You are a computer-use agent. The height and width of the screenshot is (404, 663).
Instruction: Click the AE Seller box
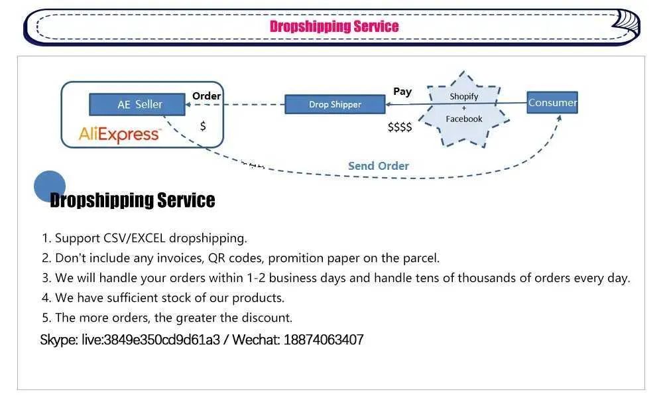(137, 104)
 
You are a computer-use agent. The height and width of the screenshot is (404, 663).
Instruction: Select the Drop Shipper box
(335, 104)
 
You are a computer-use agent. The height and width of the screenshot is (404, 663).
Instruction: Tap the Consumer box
(552, 102)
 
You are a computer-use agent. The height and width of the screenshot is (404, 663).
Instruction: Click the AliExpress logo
(120, 135)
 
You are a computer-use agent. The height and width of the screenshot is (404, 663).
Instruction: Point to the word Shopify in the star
(464, 96)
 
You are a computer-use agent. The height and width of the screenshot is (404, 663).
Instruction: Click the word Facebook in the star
(464, 119)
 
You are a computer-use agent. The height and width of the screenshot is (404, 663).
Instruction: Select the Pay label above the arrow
(402, 92)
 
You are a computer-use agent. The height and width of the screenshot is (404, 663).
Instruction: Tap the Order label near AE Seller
(206, 96)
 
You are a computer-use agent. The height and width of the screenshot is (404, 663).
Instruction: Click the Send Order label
(379, 166)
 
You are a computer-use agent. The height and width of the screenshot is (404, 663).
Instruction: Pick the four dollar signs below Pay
(400, 127)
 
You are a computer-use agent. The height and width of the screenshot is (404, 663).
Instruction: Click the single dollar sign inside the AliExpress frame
(203, 125)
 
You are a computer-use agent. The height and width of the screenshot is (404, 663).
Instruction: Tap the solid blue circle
(50, 186)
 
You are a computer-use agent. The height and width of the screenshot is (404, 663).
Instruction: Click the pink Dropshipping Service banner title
(334, 27)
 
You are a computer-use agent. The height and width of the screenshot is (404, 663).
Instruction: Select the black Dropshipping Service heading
(133, 200)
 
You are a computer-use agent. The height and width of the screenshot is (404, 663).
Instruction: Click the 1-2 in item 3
(256, 278)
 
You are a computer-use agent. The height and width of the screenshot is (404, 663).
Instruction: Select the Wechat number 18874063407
(324, 340)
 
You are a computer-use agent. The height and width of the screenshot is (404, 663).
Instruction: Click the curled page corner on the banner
(626, 21)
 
